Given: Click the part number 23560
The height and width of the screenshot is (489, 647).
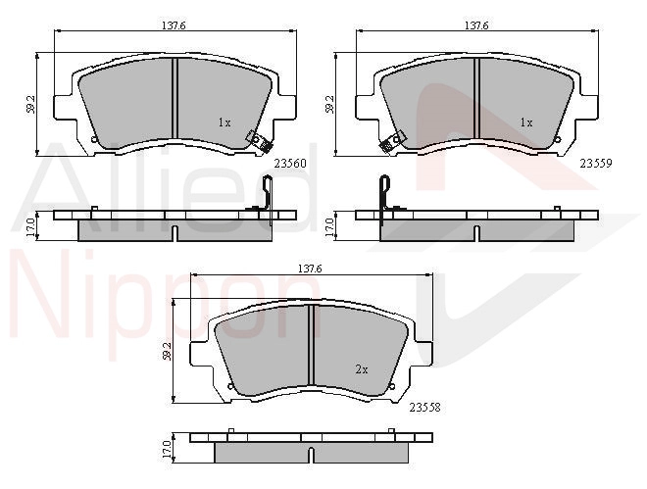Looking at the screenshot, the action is coord(290,164).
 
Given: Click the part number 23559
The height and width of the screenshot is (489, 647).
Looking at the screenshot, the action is coord(596,164).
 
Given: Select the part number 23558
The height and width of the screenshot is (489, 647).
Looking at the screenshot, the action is coord(425,408).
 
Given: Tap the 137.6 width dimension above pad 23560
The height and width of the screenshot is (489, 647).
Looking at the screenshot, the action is coord(174,25).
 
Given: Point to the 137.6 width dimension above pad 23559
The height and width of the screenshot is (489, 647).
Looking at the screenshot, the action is coord(476,25).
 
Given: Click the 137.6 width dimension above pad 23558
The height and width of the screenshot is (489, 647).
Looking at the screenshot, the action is coord(310,269).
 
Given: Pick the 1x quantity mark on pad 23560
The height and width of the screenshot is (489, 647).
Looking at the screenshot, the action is coord(224,122).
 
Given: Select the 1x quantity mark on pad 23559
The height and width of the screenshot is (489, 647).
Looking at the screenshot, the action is coord(526,122).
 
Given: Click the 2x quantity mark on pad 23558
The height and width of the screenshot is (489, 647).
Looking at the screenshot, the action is coord(362,369).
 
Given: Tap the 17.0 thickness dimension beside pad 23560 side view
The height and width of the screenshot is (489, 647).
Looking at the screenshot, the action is coord(30,226).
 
